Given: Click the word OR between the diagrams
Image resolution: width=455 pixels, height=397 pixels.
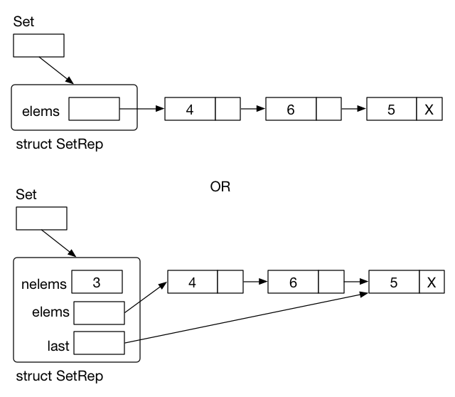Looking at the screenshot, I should (x=221, y=189).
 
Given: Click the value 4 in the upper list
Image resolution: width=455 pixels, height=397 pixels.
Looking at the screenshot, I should (x=190, y=110).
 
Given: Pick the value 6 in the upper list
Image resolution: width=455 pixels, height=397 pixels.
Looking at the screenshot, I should (x=290, y=110).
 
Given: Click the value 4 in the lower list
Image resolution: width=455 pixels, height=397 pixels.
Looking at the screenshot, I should (x=193, y=282).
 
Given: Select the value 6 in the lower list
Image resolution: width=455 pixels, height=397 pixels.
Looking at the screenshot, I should (x=293, y=282).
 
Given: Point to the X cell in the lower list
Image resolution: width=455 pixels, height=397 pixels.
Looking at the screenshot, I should (x=431, y=282).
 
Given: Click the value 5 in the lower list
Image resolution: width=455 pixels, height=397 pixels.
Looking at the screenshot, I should (x=393, y=282).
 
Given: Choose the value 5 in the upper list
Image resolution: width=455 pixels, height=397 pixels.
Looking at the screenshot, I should (x=392, y=110).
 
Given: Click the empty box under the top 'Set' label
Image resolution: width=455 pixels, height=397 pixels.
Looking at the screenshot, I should (x=38, y=44).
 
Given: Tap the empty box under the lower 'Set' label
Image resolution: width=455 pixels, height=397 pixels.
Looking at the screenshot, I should (x=41, y=218).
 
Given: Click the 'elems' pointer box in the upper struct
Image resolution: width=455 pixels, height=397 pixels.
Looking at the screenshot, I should (x=94, y=110).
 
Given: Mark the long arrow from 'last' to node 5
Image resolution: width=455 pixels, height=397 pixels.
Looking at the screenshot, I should (x=249, y=318).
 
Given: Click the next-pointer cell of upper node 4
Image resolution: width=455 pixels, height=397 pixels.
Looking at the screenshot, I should (x=227, y=110).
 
